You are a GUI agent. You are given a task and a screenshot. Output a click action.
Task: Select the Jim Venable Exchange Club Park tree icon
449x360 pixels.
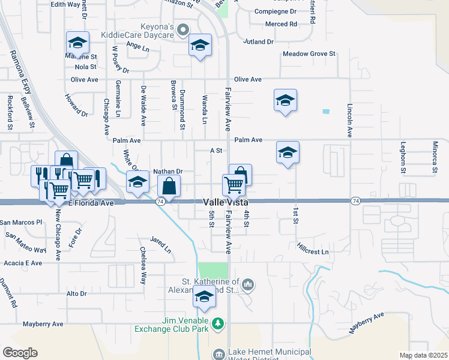tap(218, 325)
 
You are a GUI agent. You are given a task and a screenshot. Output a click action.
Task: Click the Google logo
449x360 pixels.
tap(20, 353)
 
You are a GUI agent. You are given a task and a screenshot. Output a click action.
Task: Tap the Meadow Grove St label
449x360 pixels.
tap(309, 54)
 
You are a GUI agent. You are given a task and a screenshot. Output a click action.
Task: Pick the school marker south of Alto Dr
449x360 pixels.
tap(204, 297)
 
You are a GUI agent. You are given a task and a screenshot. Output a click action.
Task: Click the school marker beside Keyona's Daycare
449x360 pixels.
tap(200, 45)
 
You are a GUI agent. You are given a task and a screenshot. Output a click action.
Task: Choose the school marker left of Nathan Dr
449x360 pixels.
tap(138, 182)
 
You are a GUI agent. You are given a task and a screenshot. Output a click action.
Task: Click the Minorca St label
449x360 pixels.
tap(435, 158)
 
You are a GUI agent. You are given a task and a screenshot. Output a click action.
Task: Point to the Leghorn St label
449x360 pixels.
tap(403, 158)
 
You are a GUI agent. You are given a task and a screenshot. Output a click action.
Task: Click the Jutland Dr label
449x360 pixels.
tap(259, 42)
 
